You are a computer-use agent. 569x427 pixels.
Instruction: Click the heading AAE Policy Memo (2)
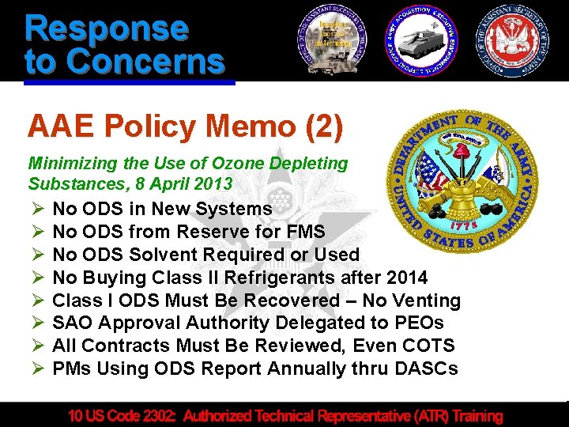pyautogui.click(x=185, y=126)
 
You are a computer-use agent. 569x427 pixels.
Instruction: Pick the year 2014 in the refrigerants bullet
pyautogui.click(x=406, y=278)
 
